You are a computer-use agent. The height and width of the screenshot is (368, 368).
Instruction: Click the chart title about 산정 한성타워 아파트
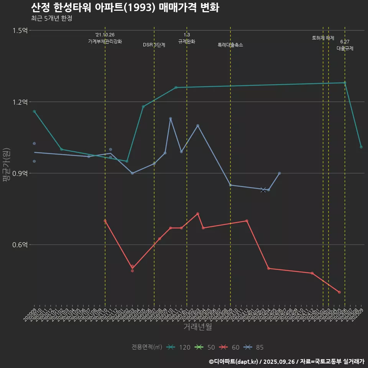125,8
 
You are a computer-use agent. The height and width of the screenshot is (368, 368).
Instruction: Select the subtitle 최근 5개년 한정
51,18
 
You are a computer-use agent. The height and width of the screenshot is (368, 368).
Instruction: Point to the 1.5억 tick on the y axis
20,31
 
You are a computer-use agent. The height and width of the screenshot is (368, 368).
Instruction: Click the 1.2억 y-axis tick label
20,102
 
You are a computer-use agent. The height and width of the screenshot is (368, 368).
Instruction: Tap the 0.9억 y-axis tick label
20,173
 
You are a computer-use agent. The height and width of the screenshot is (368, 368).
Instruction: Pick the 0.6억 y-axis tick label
20,245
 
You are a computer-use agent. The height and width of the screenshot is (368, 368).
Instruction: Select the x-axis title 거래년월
197,327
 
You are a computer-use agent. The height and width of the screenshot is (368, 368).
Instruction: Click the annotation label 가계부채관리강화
105,41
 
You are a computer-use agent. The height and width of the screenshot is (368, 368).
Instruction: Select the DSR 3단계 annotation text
154,45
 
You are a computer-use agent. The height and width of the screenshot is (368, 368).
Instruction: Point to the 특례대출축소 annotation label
230,45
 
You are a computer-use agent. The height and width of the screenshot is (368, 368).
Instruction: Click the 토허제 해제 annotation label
323,38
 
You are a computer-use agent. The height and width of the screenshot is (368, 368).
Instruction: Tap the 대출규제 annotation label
345,49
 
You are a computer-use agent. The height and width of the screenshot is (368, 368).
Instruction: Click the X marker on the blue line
263,190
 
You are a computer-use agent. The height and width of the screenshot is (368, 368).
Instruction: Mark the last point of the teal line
361,147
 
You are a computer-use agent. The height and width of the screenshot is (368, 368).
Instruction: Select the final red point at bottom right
340,292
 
